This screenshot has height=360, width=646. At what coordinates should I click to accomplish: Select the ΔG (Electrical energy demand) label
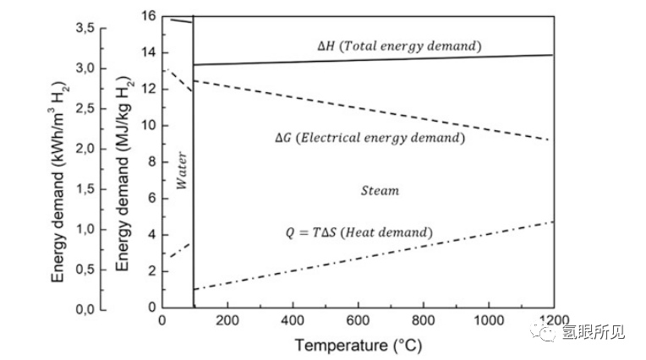pos(370,137)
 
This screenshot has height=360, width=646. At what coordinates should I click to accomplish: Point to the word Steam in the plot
pos(380,190)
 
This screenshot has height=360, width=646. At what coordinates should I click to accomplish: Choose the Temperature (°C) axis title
pos(358,346)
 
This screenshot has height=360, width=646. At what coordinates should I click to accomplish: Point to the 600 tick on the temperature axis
pos(358,322)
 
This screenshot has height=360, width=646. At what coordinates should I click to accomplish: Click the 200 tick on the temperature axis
pos(227,322)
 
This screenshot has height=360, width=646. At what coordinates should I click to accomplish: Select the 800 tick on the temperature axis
pos(423,322)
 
